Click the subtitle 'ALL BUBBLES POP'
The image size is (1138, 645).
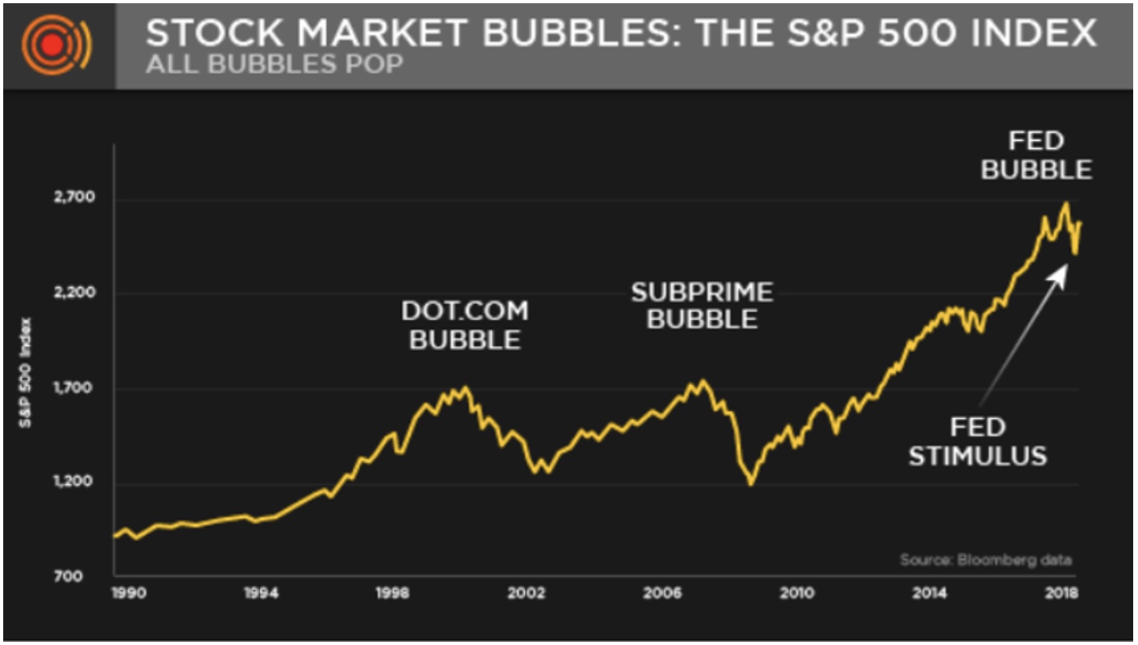click(274, 64)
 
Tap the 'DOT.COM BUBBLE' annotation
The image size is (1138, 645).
click(465, 325)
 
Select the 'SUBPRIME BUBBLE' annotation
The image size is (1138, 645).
click(702, 306)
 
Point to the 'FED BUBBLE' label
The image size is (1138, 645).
click(1037, 156)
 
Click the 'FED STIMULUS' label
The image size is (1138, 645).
click(978, 442)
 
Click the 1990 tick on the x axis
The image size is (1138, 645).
click(126, 594)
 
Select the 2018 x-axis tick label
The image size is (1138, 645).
click(1062, 594)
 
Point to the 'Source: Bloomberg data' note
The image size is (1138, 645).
click(986, 560)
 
